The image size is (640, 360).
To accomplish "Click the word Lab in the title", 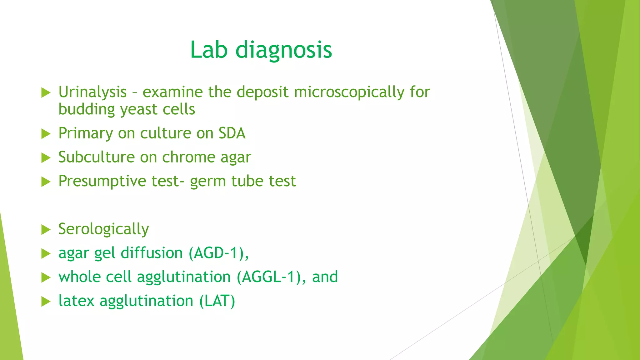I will (208, 50).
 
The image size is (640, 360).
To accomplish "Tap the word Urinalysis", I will (92, 92).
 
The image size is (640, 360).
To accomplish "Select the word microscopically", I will (349, 92).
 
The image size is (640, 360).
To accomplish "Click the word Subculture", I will (97, 157).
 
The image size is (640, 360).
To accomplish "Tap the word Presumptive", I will (102, 181).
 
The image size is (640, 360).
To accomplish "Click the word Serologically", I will (103, 229).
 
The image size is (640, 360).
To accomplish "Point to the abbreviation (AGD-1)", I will (219, 253).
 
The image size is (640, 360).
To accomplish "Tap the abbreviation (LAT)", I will (217, 301).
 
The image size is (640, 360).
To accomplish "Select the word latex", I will (76, 301).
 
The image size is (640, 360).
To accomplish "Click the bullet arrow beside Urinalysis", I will (46, 93).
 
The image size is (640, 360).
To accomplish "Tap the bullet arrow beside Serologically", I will (46, 230).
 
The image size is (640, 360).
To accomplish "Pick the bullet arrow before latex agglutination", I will (46, 302).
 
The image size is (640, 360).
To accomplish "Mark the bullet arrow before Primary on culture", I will (46, 134).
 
